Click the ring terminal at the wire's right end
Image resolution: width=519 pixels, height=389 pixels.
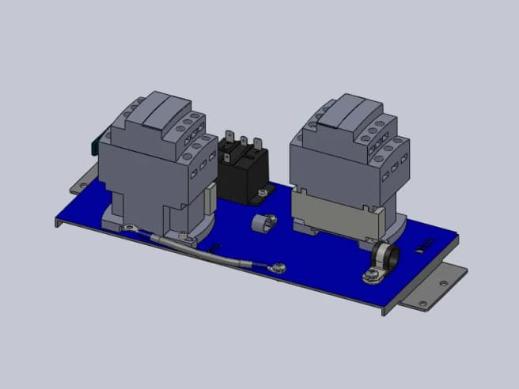point(277,266)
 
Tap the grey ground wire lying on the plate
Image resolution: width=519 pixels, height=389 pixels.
point(214,251)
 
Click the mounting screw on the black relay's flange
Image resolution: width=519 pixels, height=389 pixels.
point(260,192)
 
